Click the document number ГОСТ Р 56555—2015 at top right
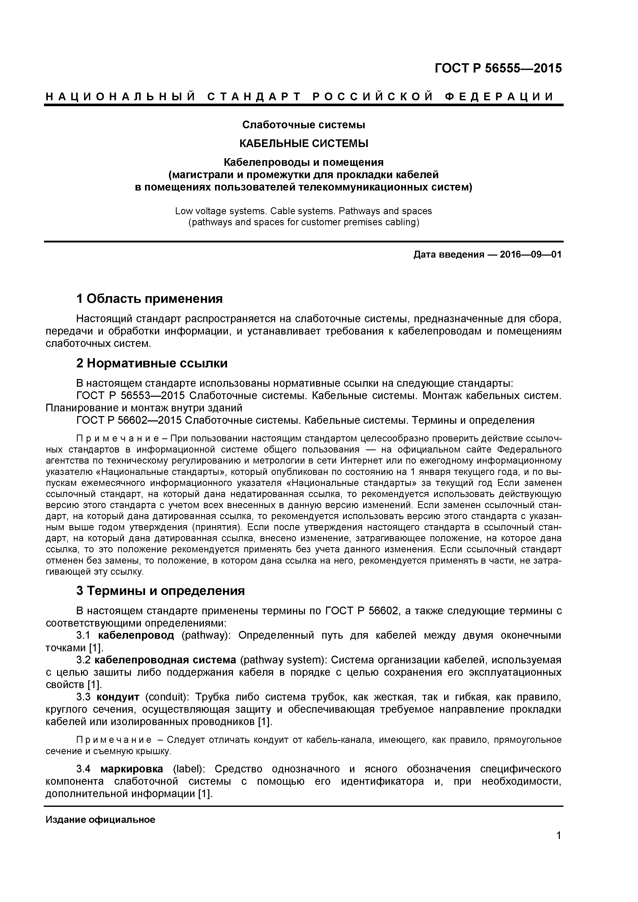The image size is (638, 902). pyautogui.click(x=498, y=68)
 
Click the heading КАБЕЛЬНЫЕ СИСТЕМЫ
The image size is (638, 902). pyautogui.click(x=304, y=143)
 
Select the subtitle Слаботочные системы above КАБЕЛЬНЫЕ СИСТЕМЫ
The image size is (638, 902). pyautogui.click(x=304, y=125)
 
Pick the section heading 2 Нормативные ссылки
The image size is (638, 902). pyautogui.click(x=152, y=363)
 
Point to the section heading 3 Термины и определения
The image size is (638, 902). pyautogui.click(x=160, y=591)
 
